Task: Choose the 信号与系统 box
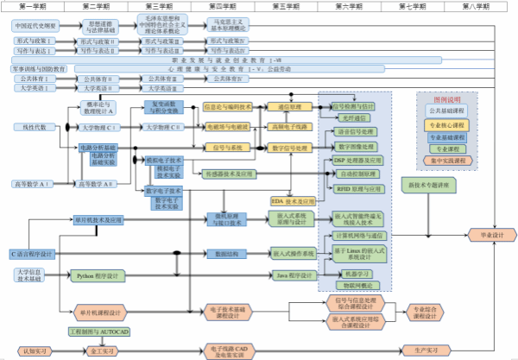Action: pos(226,148)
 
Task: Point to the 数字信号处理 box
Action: pos(289,148)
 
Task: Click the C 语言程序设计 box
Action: pos(32,254)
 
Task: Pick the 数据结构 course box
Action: pos(226,254)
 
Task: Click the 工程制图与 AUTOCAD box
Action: pos(99,331)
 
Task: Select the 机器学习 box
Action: pos(354,274)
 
